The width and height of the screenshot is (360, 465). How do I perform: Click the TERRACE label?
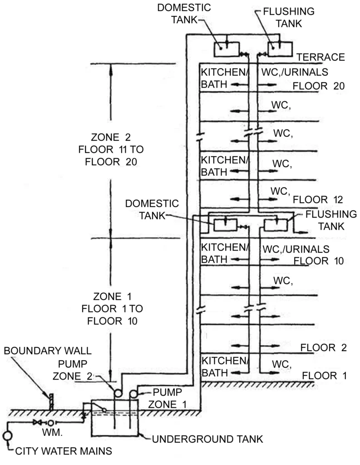coord(321,57)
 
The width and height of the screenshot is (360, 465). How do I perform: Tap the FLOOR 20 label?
coord(319,86)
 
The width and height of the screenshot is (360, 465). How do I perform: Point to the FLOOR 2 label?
coord(324,348)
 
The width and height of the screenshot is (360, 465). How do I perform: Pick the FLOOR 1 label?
coord(324,376)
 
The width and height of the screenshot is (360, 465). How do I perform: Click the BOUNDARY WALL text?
coord(49,351)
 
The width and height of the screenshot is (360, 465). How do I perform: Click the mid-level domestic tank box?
coord(225,224)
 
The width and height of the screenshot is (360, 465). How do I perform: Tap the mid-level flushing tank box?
coord(275,224)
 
